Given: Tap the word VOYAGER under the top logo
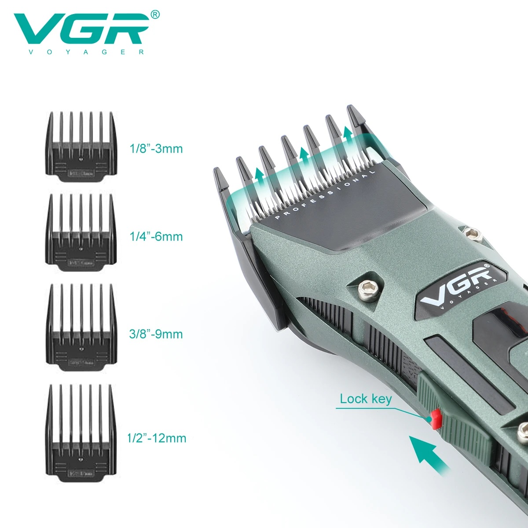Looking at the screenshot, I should coord(81,52).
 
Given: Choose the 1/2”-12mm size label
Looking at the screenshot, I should coord(156,438).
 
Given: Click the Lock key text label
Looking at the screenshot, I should coord(366,399).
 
